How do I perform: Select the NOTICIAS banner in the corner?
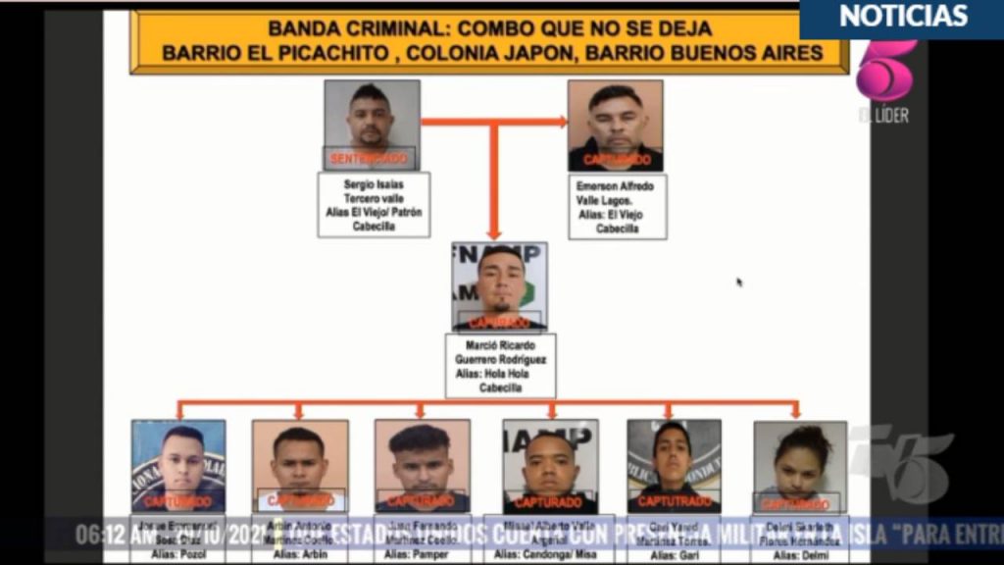tap(902, 17)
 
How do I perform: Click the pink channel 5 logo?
tap(884, 71)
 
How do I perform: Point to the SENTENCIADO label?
tap(369, 158)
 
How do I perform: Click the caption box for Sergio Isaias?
tap(374, 205)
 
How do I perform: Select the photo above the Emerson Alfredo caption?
tap(616, 126)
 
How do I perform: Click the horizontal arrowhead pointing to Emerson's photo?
tap(561, 122)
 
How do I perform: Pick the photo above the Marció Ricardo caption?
tap(499, 286)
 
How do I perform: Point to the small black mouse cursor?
tap(739, 282)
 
